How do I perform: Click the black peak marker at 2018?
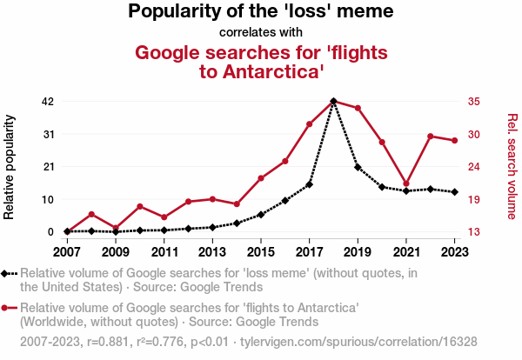pyautogui.click(x=333, y=102)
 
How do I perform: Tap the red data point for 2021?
pyautogui.click(x=406, y=184)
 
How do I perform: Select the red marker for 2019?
pyautogui.click(x=358, y=108)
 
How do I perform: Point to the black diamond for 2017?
pyautogui.click(x=309, y=184)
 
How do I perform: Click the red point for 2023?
pyautogui.click(x=455, y=141)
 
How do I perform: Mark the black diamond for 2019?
pyautogui.click(x=358, y=167)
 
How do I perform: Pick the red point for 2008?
pyautogui.click(x=91, y=214)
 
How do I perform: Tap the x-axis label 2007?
pyautogui.click(x=67, y=252)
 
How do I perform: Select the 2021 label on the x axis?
pyautogui.click(x=406, y=252)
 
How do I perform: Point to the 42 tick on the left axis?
pyautogui.click(x=48, y=101)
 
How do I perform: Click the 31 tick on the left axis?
pyautogui.click(x=48, y=134)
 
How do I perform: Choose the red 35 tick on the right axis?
pyautogui.click(x=474, y=101)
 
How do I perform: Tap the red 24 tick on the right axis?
pyautogui.click(x=474, y=166)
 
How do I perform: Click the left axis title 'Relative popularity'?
pyautogui.click(x=11, y=165)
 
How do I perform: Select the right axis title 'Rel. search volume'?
pyautogui.click(x=512, y=165)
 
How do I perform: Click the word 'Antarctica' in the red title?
pyautogui.click(x=275, y=71)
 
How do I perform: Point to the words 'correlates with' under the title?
pyautogui.click(x=261, y=33)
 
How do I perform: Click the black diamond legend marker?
pyautogui.click(x=7, y=274)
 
